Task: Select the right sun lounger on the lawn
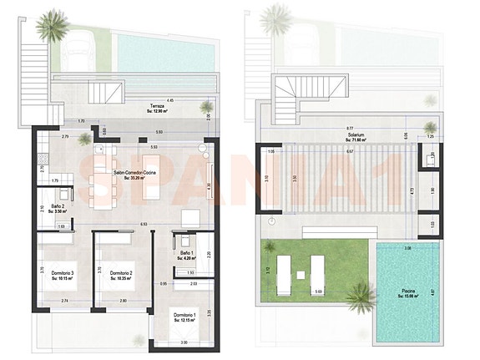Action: tap(317, 271)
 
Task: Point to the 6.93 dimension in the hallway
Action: tap(144, 224)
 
